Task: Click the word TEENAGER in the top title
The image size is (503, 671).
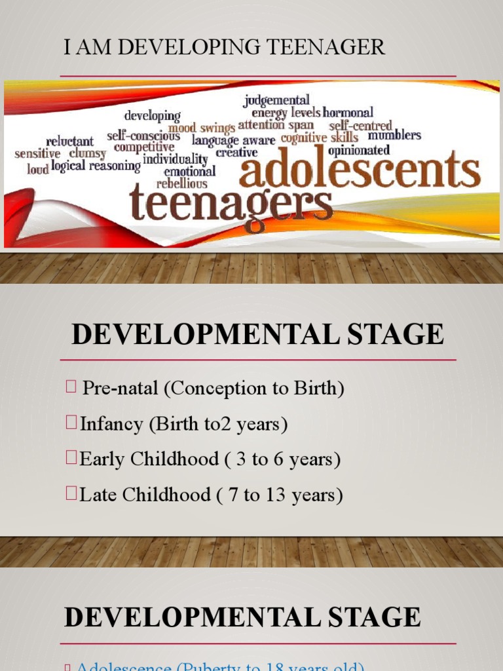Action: coord(327,48)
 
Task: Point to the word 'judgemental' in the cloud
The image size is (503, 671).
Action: coord(276,100)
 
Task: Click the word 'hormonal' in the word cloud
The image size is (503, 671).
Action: coord(348,113)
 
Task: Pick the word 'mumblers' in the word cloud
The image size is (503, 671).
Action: coord(394,136)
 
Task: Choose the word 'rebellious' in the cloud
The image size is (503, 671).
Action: coord(181,183)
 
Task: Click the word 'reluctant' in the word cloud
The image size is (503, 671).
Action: coord(69,141)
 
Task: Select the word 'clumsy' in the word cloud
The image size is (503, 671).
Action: coord(88,153)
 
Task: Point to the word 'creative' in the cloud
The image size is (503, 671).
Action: coord(236,152)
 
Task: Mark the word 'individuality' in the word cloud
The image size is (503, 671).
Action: coord(175,159)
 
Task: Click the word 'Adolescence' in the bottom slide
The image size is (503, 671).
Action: coord(114,667)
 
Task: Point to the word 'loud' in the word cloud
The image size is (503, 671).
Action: coord(37,168)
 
